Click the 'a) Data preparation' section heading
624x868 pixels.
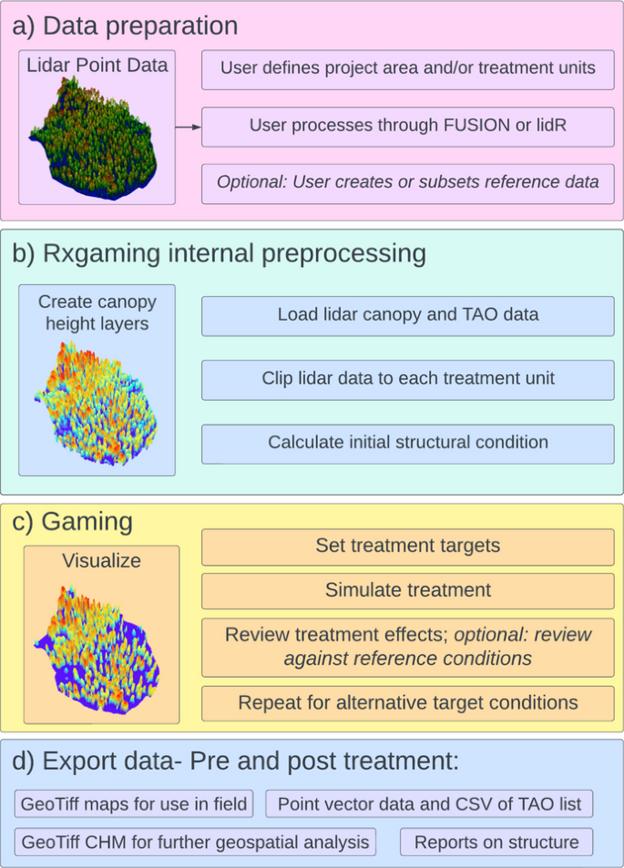(x=126, y=26)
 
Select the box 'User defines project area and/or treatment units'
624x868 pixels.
(x=407, y=68)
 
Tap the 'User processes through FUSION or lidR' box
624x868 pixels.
(x=407, y=126)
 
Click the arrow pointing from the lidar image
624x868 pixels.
(x=188, y=127)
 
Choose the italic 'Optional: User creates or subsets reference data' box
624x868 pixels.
(x=407, y=182)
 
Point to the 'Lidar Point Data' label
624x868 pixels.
(x=97, y=66)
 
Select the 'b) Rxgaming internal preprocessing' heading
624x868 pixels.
(x=220, y=252)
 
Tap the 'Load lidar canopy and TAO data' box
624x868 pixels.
(x=407, y=315)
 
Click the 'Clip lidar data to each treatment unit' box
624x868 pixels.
(x=407, y=379)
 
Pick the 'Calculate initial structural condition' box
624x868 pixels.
(x=407, y=443)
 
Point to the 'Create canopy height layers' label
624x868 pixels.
(x=97, y=312)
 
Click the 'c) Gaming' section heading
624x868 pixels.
(x=73, y=522)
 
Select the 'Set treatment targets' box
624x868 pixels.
(x=407, y=546)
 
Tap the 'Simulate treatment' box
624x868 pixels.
(x=407, y=590)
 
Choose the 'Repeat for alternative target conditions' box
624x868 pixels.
(x=407, y=703)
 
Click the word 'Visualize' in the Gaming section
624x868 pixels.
(x=101, y=561)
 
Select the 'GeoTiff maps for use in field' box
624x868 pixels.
(x=136, y=804)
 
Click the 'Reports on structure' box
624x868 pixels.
(x=496, y=842)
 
